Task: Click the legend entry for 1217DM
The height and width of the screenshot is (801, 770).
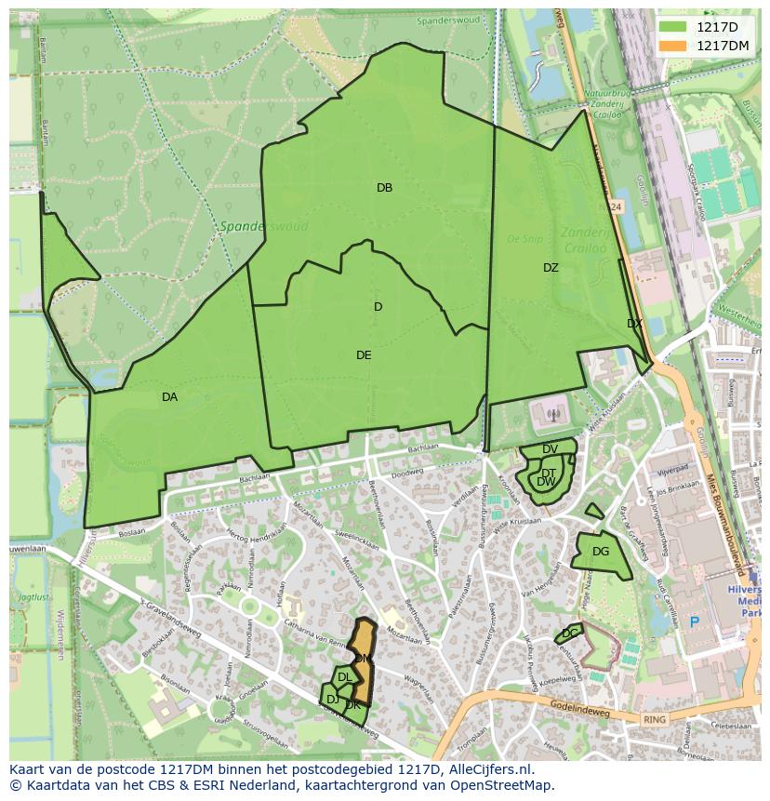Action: [x=723, y=46]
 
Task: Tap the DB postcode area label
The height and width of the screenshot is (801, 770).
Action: [x=384, y=188]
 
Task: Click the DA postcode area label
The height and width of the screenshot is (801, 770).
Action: [x=169, y=397]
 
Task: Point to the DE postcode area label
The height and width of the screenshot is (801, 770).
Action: [x=364, y=355]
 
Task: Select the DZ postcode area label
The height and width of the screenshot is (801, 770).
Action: [x=551, y=268]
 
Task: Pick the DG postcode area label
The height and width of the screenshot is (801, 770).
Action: [x=601, y=552]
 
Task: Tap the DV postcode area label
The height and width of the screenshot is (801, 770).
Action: [x=550, y=449]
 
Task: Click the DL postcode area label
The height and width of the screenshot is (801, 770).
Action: [x=344, y=677]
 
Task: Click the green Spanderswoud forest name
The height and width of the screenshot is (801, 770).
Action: [x=251, y=226]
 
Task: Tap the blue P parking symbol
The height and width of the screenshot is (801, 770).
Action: [x=693, y=621]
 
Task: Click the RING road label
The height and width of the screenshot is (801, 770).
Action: [x=655, y=719]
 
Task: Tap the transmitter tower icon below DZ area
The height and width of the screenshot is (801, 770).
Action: [x=553, y=414]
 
